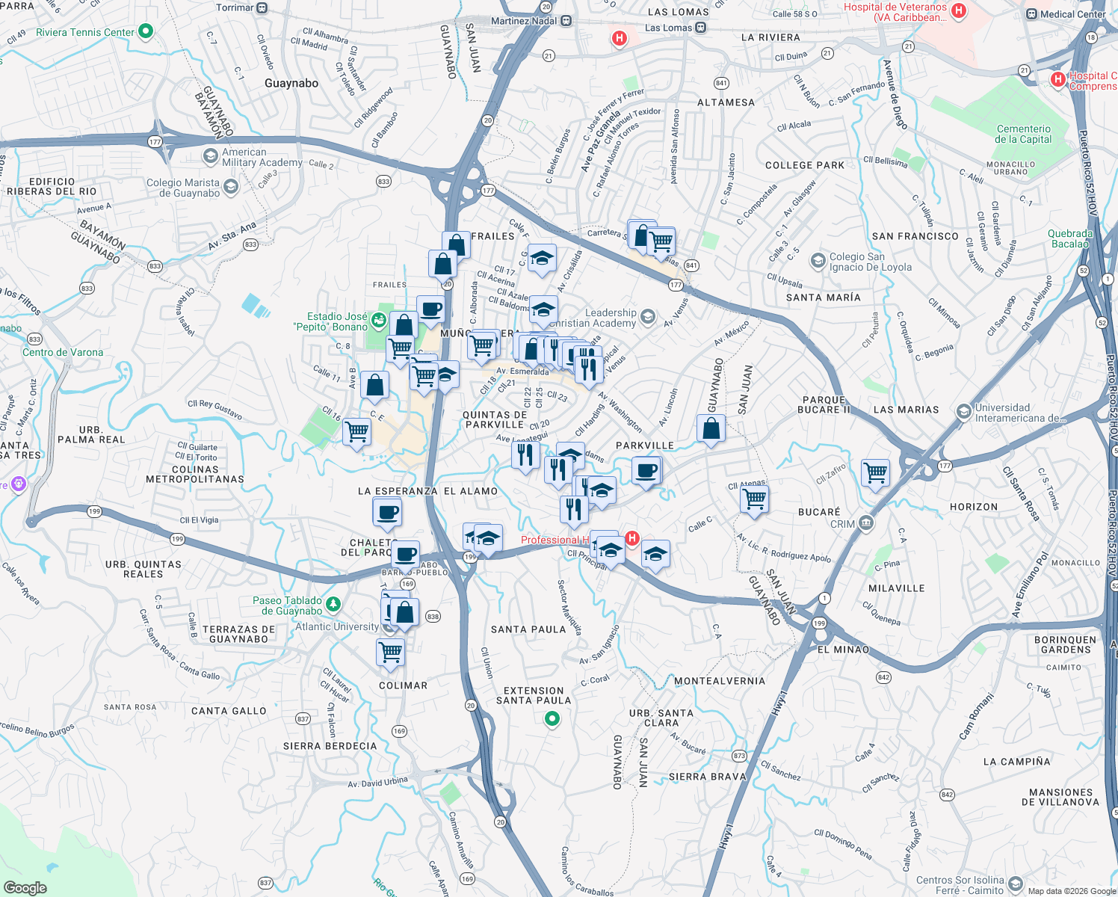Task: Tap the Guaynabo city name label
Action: [x=291, y=83]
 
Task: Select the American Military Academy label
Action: [x=262, y=157]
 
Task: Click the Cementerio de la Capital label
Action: [x=1023, y=134]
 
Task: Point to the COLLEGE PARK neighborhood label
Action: [x=804, y=165]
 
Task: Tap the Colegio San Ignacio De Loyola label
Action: [x=871, y=262]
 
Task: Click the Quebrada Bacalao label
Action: [x=1070, y=238]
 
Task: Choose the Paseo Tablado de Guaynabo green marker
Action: [x=333, y=603]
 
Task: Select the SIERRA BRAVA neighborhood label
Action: [x=707, y=777]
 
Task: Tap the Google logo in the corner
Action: [x=25, y=887]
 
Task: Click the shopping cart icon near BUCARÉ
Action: [x=755, y=498]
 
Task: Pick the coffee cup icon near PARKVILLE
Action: [x=646, y=471]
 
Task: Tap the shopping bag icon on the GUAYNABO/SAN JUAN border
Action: [x=711, y=429]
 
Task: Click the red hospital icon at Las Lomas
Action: [x=619, y=38]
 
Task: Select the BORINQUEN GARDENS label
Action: [x=1066, y=644]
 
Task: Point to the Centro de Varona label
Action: [x=63, y=352]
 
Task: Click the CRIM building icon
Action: [x=866, y=522]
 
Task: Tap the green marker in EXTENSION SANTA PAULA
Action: [x=552, y=719]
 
